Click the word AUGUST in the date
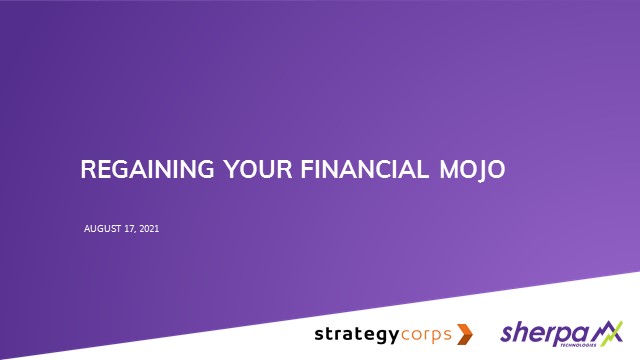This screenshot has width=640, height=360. click(x=103, y=229)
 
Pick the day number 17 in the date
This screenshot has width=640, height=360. click(x=131, y=229)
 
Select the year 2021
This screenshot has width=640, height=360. click(x=149, y=229)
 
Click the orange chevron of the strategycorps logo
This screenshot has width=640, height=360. click(x=464, y=333)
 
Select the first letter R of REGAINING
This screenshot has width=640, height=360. click(x=87, y=171)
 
